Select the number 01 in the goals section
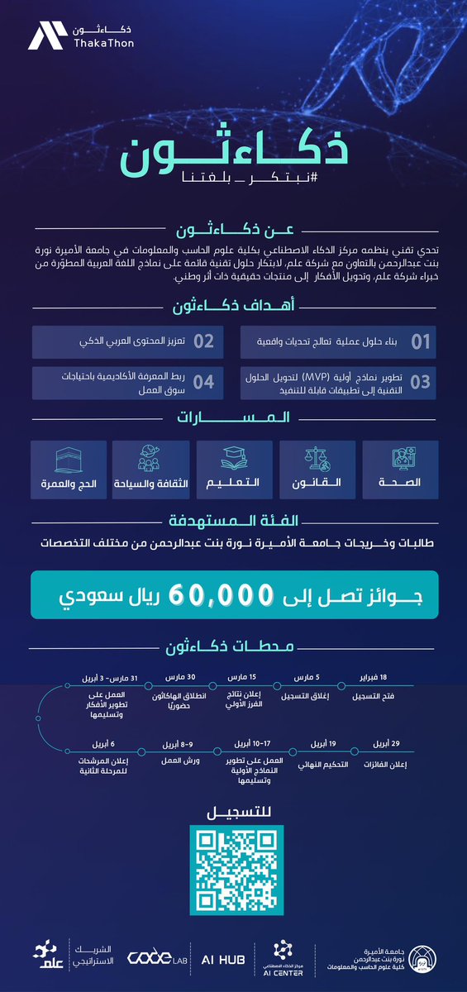click(x=421, y=341)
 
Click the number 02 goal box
click(x=203, y=341)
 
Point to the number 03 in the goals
click(x=420, y=381)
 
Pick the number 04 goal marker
click(x=203, y=381)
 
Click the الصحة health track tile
click(x=402, y=470)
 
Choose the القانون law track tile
click(x=318, y=470)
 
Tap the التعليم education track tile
click(x=234, y=470)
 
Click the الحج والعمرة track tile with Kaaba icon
click(x=68, y=470)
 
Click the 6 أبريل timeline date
click(x=98, y=743)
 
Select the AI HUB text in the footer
click(x=226, y=956)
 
